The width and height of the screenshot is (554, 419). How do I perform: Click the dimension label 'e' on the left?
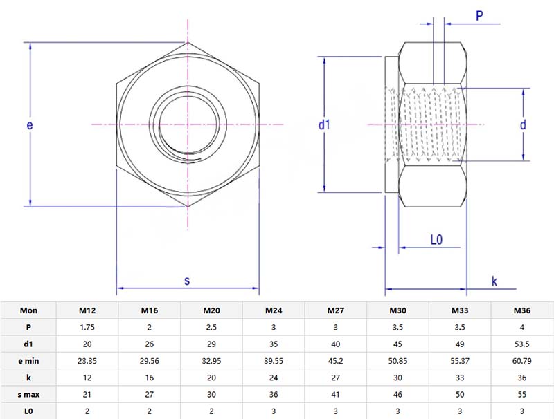tap(30, 125)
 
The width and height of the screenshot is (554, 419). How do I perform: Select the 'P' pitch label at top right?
tap(479, 15)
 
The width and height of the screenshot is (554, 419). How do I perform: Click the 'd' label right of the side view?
tap(524, 124)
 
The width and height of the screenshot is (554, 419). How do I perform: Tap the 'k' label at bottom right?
tap(494, 281)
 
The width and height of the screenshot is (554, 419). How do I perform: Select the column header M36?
tap(521, 310)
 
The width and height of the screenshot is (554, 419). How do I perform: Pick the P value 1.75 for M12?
tap(87, 327)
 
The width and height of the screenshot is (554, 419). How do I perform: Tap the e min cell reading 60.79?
tap(521, 360)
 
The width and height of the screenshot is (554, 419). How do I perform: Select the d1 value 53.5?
tap(521, 344)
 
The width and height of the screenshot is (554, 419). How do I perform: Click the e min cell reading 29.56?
tap(150, 360)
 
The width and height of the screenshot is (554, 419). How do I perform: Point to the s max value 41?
tap(336, 393)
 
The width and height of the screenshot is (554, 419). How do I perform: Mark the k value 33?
tap(460, 376)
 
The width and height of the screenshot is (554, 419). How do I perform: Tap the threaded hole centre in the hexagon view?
tap(187, 124)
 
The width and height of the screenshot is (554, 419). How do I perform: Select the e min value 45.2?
tap(336, 360)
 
